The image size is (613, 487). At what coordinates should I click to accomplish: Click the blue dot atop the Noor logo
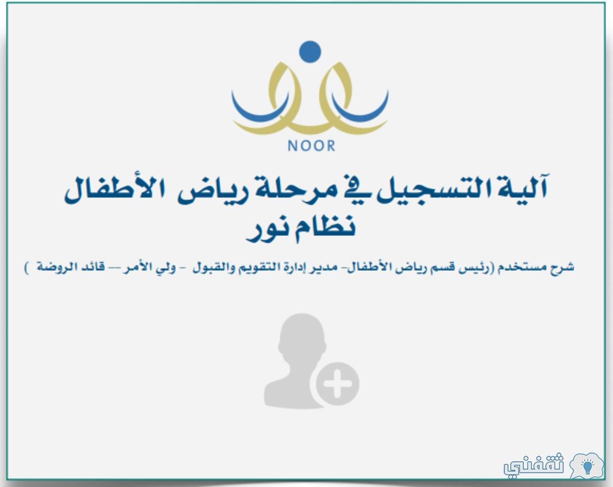pyautogui.click(x=310, y=52)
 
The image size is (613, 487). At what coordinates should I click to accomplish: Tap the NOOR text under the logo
pyautogui.click(x=311, y=145)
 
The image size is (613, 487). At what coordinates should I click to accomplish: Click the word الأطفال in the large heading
pyautogui.click(x=114, y=190)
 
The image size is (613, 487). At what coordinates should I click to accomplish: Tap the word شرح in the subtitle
pyautogui.click(x=562, y=268)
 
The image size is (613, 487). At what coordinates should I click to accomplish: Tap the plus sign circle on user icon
pyautogui.click(x=337, y=384)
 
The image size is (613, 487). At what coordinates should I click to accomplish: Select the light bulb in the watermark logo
pyautogui.click(x=587, y=467)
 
